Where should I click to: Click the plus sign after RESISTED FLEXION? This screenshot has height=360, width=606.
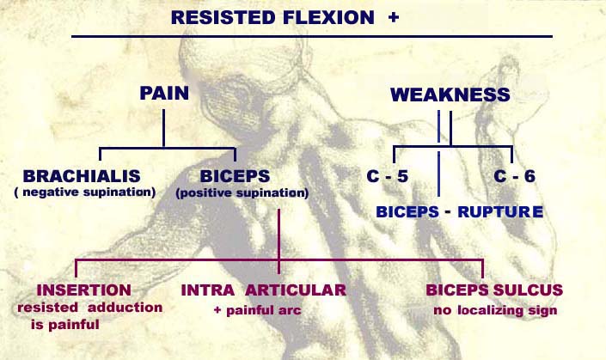click(394, 16)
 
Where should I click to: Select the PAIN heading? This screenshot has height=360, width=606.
click(165, 93)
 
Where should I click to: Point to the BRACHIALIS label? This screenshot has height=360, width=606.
click(83, 175)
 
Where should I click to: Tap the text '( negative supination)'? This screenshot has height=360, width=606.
click(84, 192)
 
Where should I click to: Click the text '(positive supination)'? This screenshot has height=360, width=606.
click(242, 193)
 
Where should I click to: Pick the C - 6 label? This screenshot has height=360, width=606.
click(515, 178)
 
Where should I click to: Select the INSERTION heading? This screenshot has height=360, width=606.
click(78, 290)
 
